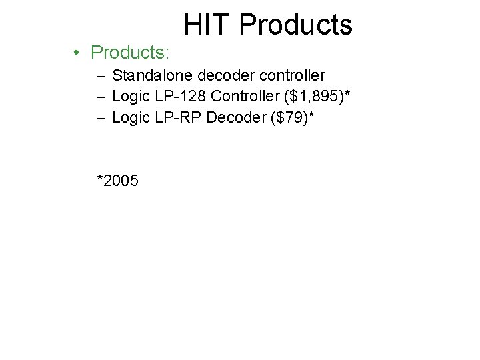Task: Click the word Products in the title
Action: [x=295, y=25]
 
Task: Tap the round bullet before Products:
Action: [x=78, y=53]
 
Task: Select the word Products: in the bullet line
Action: [x=131, y=52]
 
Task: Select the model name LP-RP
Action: [x=178, y=119]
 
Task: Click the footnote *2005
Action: [x=118, y=180]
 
